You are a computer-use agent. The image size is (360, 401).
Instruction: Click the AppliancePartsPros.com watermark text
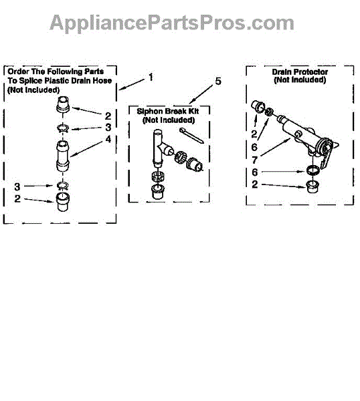click(x=172, y=23)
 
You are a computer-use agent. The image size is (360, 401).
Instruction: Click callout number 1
click(x=151, y=78)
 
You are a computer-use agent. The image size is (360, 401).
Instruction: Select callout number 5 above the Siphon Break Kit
click(x=217, y=82)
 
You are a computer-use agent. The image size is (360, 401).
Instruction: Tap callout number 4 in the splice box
click(x=108, y=140)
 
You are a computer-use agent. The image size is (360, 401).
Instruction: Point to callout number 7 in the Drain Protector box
click(x=254, y=160)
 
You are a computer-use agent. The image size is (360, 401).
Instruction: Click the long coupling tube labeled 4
click(x=63, y=156)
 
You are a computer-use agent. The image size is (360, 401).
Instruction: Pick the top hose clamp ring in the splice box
click(x=63, y=128)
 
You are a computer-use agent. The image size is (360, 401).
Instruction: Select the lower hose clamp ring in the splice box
click(x=62, y=186)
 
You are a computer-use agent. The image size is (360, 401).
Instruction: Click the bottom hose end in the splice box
click(x=62, y=202)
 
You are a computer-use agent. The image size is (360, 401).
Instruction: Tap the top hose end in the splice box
click(x=63, y=104)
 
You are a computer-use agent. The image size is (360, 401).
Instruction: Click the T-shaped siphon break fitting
click(x=162, y=148)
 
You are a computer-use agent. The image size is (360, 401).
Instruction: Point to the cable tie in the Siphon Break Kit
click(x=191, y=136)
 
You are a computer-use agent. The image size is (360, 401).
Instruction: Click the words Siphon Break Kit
click(x=168, y=111)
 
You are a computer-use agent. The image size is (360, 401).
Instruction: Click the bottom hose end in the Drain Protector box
click(x=312, y=186)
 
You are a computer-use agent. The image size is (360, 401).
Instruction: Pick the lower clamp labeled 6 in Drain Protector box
click(x=313, y=170)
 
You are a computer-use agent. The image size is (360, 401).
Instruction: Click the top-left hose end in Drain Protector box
click(x=258, y=107)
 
